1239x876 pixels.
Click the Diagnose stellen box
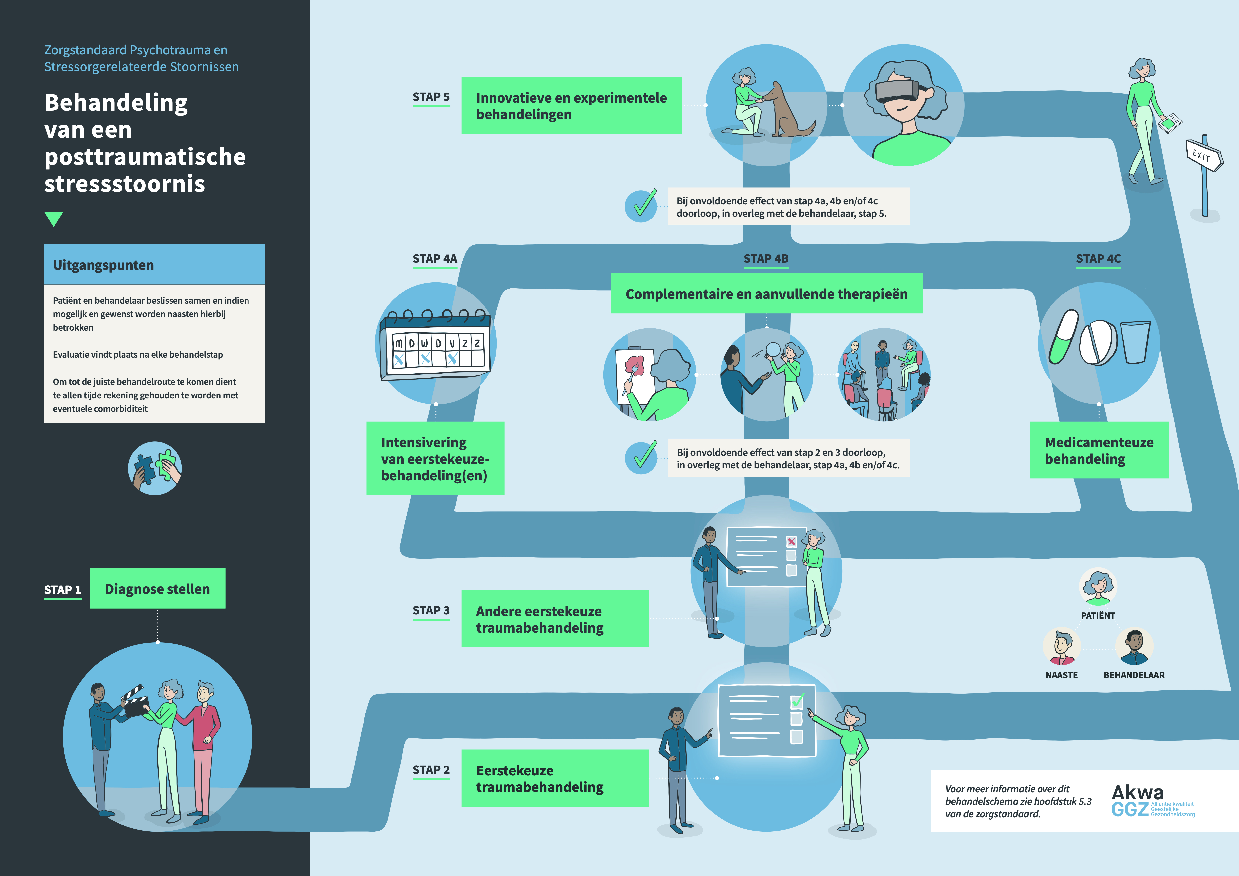(x=157, y=589)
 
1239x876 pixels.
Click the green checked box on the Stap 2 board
(x=797, y=701)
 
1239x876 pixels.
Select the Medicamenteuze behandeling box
(x=1099, y=450)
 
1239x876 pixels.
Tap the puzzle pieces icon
(x=155, y=468)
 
